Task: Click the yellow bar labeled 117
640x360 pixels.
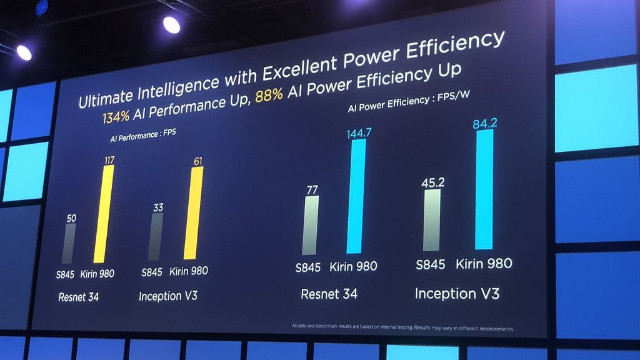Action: click(104, 214)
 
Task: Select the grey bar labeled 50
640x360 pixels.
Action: click(69, 243)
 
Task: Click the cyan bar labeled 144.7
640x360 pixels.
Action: click(356, 196)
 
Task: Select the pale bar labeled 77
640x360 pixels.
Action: click(311, 225)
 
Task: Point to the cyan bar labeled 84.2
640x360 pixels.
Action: click(484, 189)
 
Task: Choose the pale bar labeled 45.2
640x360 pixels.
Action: click(431, 219)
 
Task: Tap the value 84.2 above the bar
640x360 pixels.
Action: click(485, 123)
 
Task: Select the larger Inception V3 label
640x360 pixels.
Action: click(456, 293)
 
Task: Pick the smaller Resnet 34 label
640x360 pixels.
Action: click(78, 297)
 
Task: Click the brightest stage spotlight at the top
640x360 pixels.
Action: click(171, 24)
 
